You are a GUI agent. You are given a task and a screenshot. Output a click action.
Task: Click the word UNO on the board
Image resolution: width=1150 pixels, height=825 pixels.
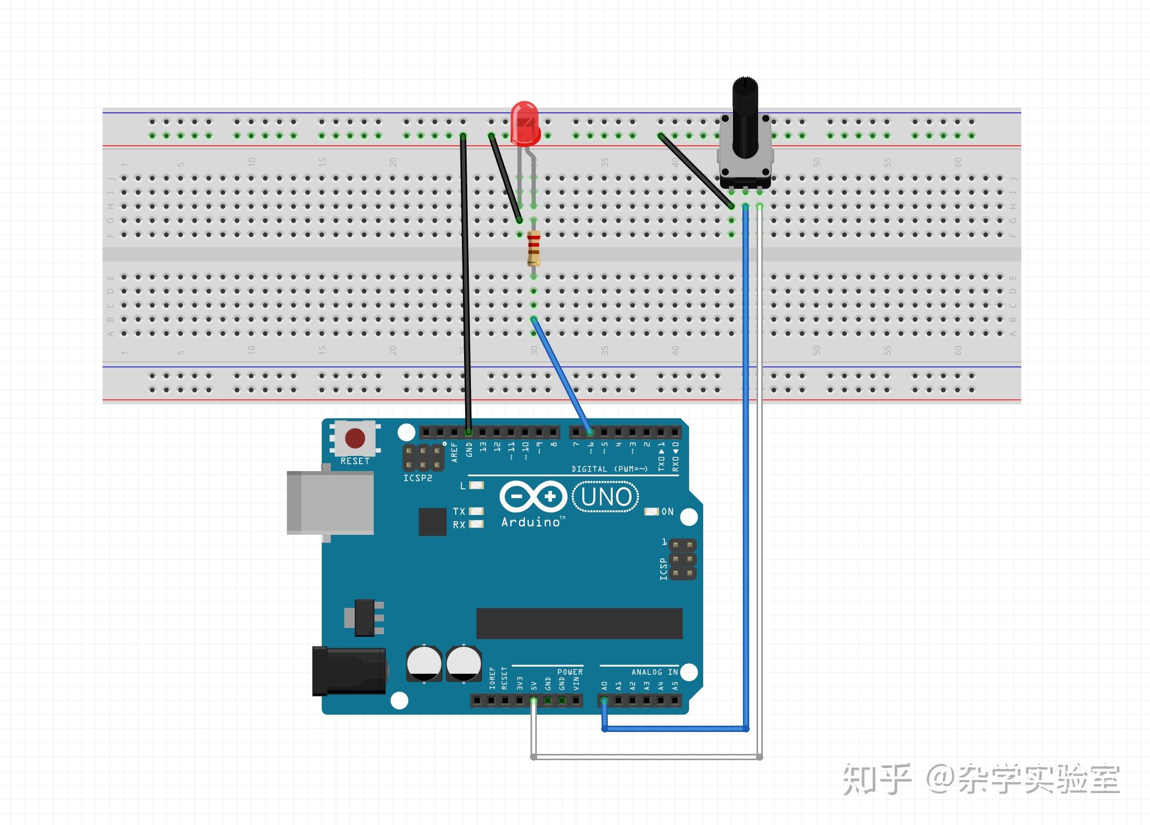[606, 497]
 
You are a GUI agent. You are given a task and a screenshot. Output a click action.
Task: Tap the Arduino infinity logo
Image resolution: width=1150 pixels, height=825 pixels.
[533, 496]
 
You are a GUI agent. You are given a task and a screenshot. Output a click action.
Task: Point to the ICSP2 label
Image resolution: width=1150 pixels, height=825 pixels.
[417, 478]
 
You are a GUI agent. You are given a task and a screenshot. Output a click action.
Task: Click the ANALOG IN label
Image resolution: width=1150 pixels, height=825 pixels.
[654, 672]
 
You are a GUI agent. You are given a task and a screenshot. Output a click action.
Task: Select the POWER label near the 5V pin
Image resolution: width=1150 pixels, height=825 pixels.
[569, 672]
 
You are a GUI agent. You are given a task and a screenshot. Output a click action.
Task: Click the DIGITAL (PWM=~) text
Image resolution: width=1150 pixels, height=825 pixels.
[609, 469]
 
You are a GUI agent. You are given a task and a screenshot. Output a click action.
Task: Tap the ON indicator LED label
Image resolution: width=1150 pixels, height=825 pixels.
[667, 511]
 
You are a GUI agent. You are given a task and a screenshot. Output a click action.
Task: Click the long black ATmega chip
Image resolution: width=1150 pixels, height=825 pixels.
[579, 623]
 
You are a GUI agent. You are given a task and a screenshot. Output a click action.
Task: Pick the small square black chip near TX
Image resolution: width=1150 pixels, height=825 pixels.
[432, 521]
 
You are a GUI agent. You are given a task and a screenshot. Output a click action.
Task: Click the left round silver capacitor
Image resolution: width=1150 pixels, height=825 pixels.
[424, 663]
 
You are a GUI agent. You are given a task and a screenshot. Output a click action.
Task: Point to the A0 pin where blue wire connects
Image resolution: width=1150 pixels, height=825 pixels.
[604, 701]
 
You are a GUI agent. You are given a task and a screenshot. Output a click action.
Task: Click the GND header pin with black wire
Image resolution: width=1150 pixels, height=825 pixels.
[469, 432]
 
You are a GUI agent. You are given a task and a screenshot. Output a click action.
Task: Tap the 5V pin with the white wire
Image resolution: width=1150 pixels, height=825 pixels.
[534, 701]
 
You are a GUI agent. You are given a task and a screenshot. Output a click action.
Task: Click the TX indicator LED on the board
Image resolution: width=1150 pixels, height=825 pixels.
[476, 511]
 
